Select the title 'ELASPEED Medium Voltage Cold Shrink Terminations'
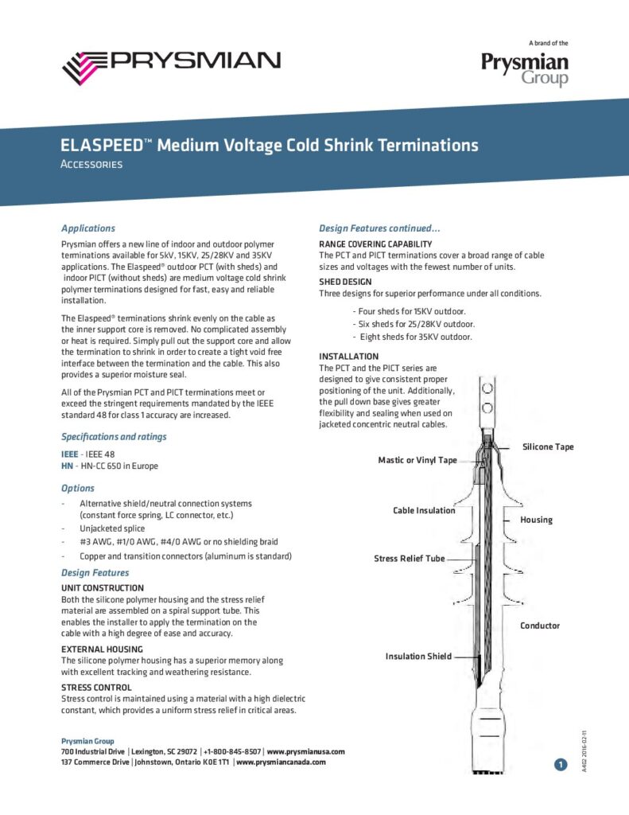tap(270, 146)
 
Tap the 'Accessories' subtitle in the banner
tap(91, 165)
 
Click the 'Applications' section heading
tap(88, 228)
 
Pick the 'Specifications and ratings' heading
tap(114, 436)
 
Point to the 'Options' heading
tap(78, 488)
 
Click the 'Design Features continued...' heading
tap(374, 228)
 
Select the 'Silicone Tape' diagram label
tap(547, 446)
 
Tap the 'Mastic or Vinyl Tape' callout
tap(417, 460)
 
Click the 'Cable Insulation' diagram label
tap(424, 510)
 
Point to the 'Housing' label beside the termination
tap(536, 520)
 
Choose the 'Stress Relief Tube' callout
tap(410, 559)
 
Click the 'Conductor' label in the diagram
tap(540, 626)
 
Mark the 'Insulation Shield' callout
tap(418, 657)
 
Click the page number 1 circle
tap(561, 765)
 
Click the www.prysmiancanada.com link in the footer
tap(281, 762)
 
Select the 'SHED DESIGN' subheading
tap(345, 282)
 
